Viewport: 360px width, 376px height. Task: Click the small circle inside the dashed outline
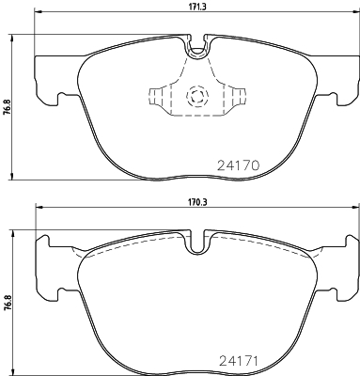[x=197, y=96]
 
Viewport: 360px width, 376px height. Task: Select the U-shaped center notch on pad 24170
[x=197, y=46]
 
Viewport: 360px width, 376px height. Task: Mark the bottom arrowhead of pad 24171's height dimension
[x=11, y=368]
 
